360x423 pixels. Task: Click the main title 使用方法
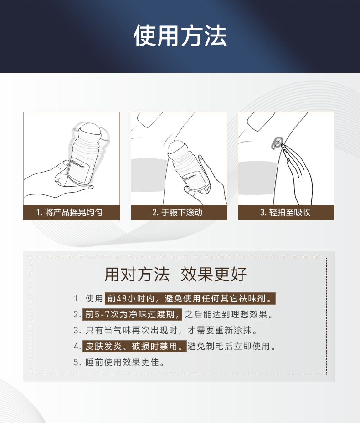[x=180, y=36]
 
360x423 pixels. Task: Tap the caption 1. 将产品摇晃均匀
[x=69, y=213]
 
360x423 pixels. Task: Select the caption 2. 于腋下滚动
[x=177, y=213]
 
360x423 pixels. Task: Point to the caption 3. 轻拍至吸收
[x=285, y=213]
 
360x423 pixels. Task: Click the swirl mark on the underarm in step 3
[x=277, y=143]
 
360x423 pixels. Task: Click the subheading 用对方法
[x=137, y=275]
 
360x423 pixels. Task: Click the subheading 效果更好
[x=214, y=275]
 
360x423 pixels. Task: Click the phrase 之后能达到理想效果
[x=229, y=314]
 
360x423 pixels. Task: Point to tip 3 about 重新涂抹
[x=165, y=330]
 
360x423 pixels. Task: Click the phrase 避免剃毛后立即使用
[x=231, y=346]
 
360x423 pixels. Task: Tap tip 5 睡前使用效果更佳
[x=119, y=362]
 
